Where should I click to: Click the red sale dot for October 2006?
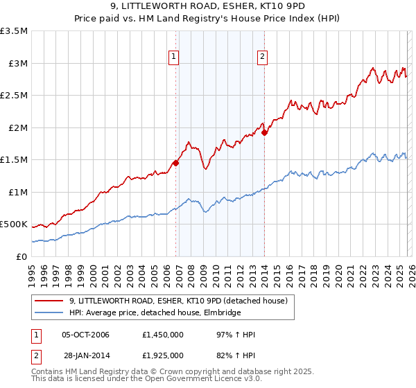(176, 164)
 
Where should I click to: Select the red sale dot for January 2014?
(265, 133)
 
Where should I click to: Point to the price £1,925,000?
(162, 355)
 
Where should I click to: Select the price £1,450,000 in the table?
(162, 335)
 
